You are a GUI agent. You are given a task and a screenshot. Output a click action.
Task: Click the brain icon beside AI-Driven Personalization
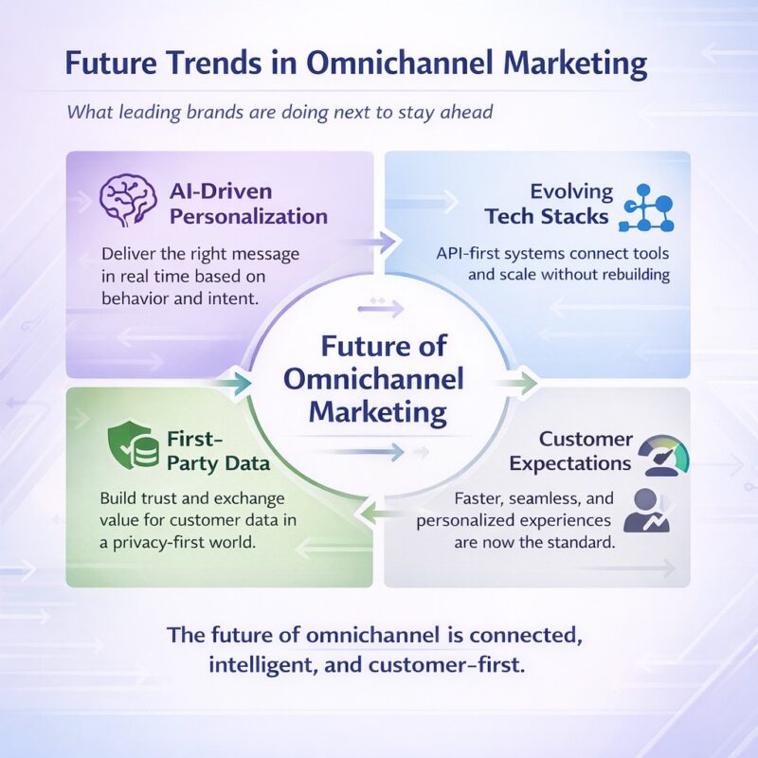pyautogui.click(x=129, y=200)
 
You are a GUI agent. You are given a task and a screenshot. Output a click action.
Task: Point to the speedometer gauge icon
pyautogui.click(x=663, y=452)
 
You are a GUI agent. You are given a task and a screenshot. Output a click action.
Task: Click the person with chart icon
pyautogui.click(x=647, y=511)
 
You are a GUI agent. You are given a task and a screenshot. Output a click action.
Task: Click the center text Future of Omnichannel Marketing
pyautogui.click(x=378, y=379)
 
